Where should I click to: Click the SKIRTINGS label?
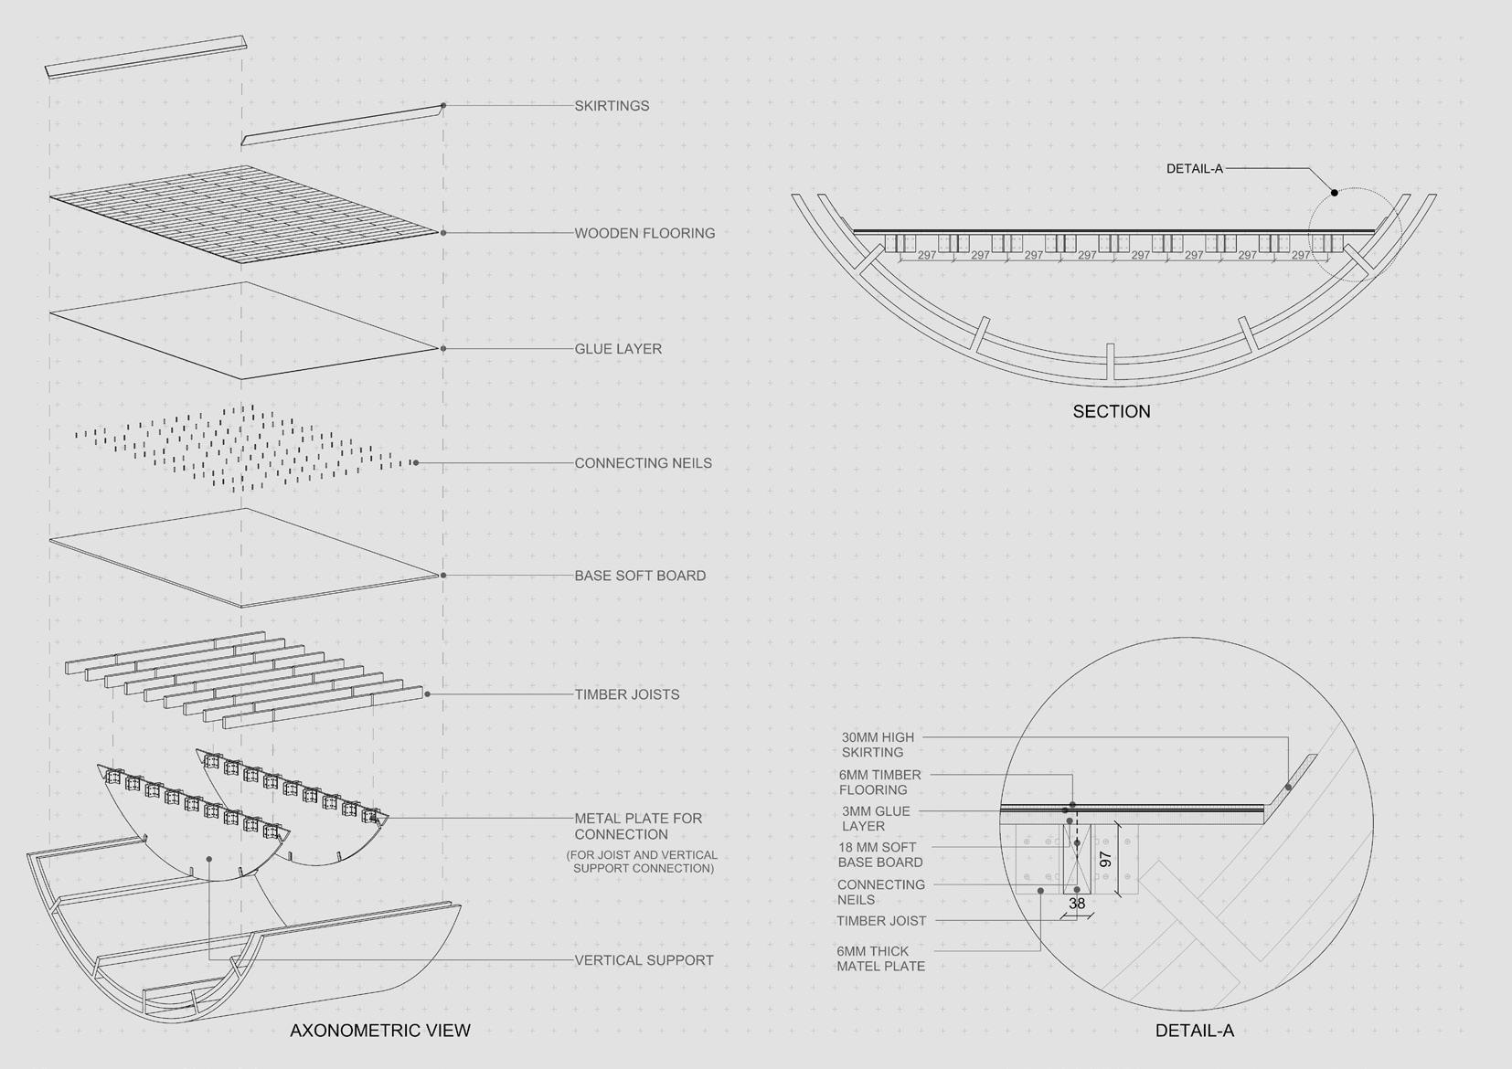click(612, 106)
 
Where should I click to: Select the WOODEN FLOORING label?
click(644, 233)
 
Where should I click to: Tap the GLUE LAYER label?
click(618, 349)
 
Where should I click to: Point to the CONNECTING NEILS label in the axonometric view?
click(643, 463)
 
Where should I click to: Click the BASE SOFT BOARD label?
click(640, 576)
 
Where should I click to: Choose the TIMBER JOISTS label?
click(626, 694)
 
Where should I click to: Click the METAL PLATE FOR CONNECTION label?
click(638, 826)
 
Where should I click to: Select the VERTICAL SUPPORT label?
click(644, 960)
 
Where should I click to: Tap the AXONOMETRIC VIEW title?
click(379, 1031)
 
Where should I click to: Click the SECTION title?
click(1111, 411)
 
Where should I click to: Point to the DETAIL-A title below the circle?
click(1194, 1031)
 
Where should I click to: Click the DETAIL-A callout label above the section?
click(1194, 169)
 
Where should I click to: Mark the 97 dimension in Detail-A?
click(1105, 860)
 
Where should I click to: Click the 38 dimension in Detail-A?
click(1077, 904)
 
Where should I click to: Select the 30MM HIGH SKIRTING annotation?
click(877, 745)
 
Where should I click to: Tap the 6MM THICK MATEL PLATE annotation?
click(880, 958)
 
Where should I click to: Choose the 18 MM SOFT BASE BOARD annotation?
click(879, 854)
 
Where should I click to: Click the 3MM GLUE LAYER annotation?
click(875, 818)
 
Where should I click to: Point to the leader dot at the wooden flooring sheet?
click(443, 233)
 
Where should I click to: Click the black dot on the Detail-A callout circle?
click(1334, 193)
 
